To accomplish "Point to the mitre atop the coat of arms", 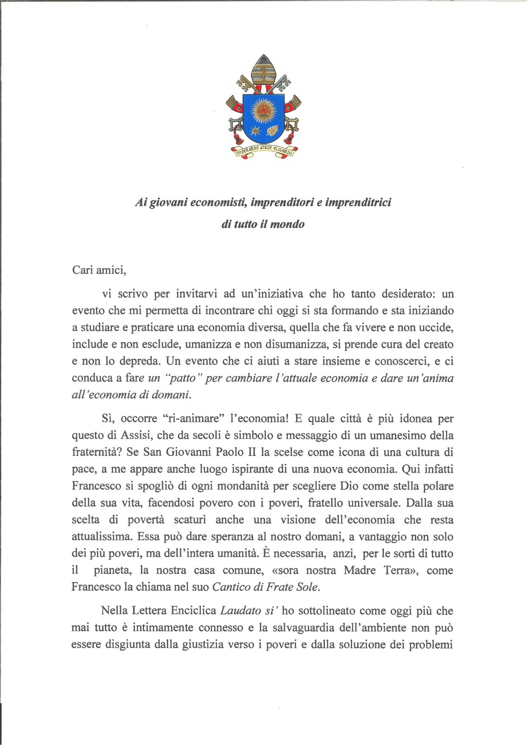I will tap(264, 70).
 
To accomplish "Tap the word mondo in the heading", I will tap(287, 224).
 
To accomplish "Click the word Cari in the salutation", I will tap(82, 270).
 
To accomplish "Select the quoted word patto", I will tap(182, 378).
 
